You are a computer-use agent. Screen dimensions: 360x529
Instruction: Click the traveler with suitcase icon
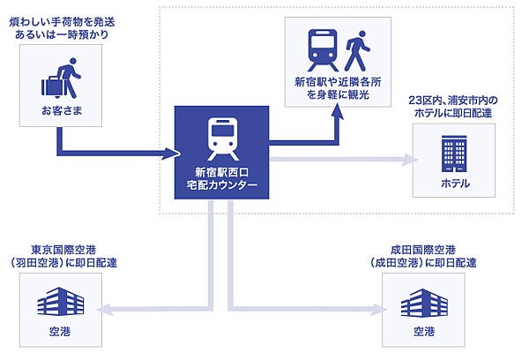point(59,82)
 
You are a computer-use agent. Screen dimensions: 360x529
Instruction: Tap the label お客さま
point(59,111)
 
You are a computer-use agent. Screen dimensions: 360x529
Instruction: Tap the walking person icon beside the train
point(356,51)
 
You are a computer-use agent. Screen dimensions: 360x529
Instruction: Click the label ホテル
point(455,184)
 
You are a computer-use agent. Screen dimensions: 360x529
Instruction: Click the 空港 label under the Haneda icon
point(59,333)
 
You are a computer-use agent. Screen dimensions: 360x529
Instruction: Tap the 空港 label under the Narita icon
point(425,333)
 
